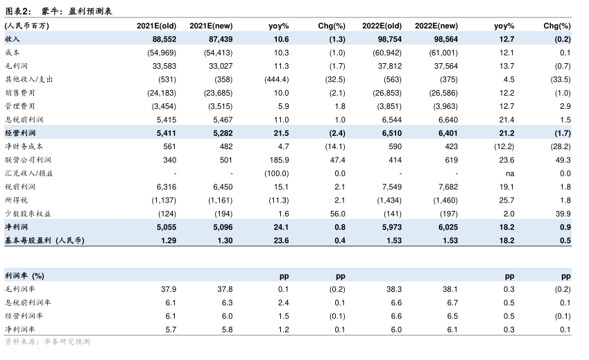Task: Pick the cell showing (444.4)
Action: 276,79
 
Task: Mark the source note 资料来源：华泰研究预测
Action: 47,342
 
